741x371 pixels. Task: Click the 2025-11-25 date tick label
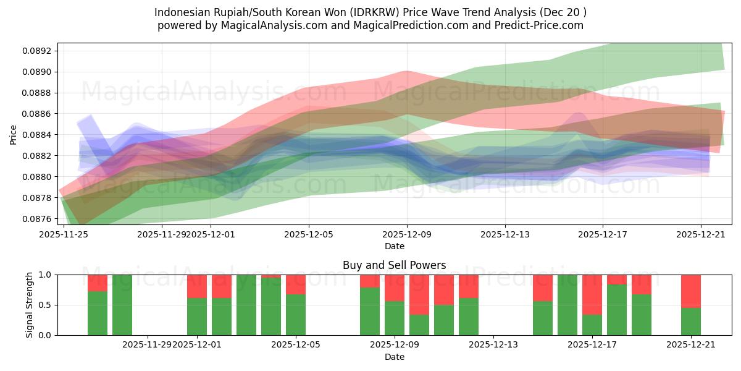click(64, 235)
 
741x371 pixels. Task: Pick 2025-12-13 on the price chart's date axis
click(504, 235)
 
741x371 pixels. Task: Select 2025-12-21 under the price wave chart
click(701, 235)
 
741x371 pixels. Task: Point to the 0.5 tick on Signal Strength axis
click(46, 305)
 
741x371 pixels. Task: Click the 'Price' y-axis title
click(14, 135)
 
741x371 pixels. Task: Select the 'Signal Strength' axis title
click(29, 304)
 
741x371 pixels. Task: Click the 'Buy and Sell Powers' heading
click(394, 265)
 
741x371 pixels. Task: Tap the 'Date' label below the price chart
click(395, 246)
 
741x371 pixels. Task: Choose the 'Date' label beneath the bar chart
click(395, 357)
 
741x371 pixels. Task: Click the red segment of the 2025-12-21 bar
click(691, 291)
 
